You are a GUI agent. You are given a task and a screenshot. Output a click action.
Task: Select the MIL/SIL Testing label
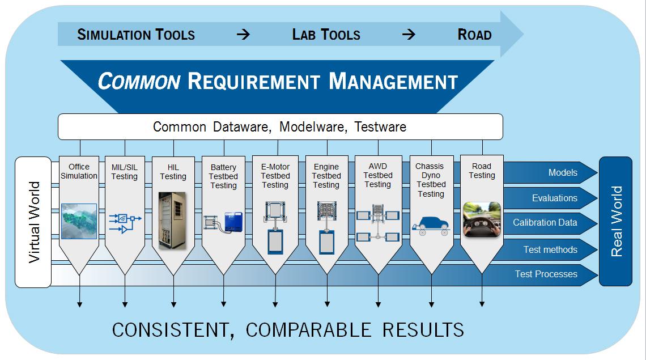[x=124, y=172]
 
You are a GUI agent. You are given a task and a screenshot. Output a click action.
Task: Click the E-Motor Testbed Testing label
[x=275, y=176]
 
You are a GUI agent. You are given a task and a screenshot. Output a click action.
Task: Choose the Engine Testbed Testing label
[x=326, y=176]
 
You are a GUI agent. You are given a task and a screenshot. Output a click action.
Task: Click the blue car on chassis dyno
[x=430, y=223]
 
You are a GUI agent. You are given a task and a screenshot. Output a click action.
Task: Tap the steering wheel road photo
[x=482, y=219]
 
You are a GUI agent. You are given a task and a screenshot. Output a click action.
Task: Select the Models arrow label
[x=563, y=172]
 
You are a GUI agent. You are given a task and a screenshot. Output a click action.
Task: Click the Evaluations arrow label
[x=554, y=198]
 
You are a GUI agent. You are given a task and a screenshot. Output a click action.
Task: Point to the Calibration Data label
[x=545, y=223]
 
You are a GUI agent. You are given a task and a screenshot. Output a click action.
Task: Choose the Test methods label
[x=550, y=249]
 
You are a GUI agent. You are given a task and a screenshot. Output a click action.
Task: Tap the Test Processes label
[x=546, y=274]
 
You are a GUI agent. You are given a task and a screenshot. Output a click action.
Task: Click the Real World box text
[x=616, y=221]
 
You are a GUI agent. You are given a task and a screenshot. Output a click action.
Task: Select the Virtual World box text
[x=34, y=222]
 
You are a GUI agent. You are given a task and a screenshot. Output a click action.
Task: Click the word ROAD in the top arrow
[x=474, y=35]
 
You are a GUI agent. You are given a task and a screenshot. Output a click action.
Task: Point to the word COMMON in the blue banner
[x=139, y=82]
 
